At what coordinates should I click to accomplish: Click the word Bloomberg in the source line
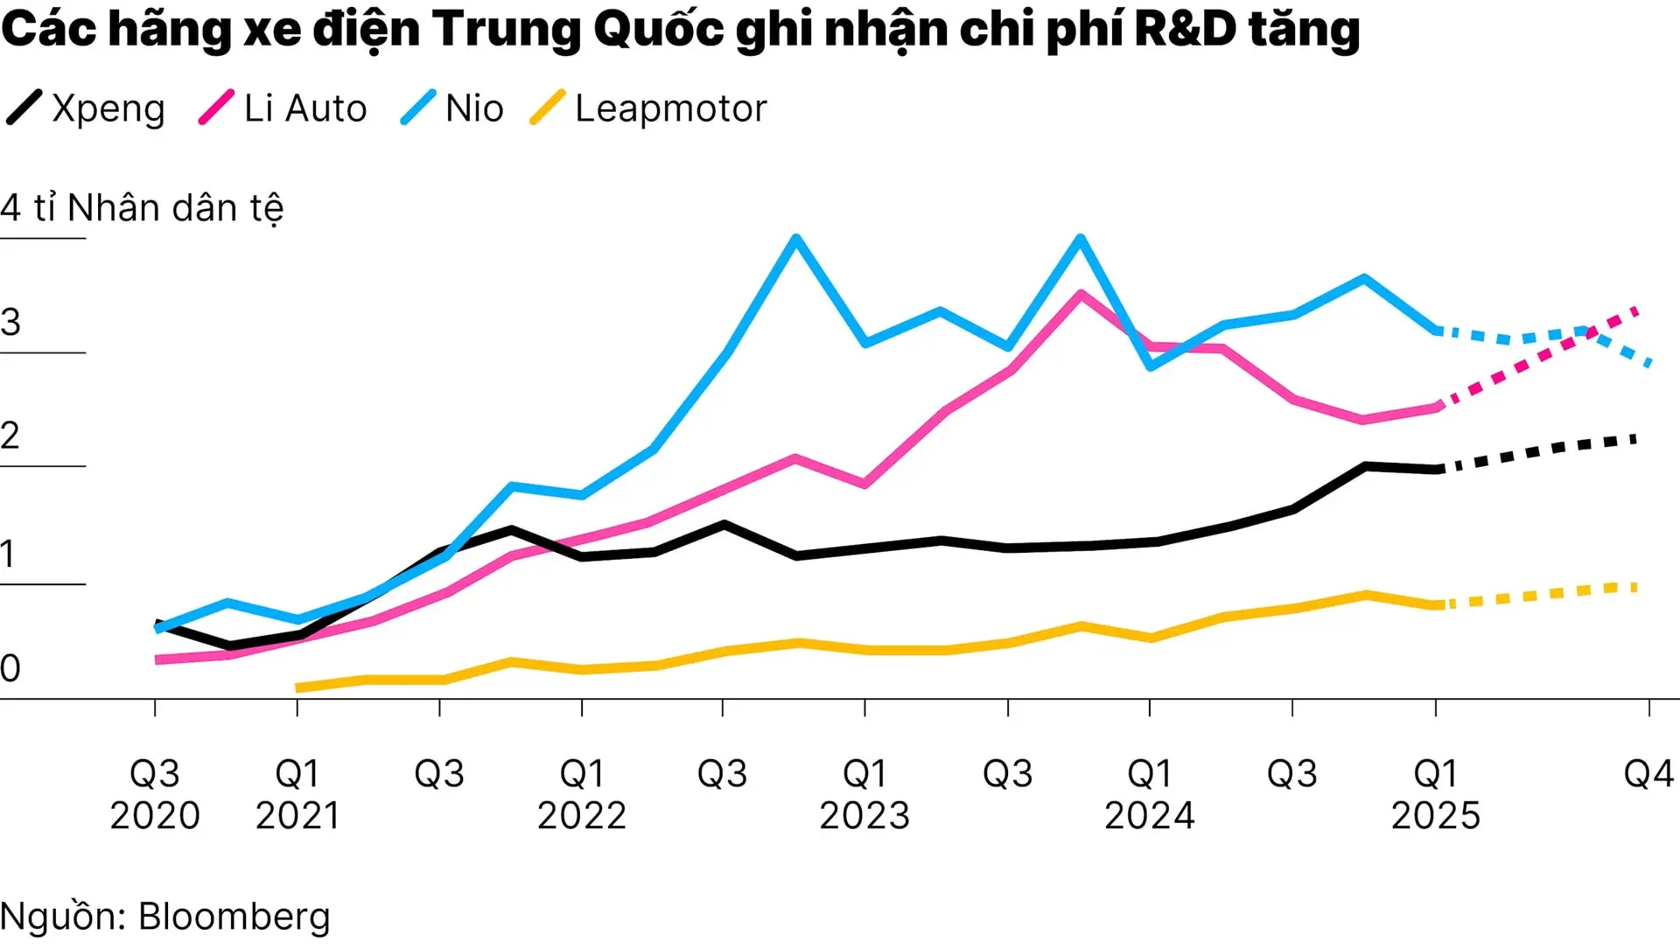point(234,917)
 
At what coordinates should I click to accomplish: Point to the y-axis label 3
point(10,323)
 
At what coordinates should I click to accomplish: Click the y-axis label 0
point(10,669)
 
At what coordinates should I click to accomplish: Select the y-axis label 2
point(10,436)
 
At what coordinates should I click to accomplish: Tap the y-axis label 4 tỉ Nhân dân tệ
point(142,209)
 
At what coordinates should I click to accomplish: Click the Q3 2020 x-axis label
point(155,794)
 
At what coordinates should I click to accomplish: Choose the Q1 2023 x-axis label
point(864,794)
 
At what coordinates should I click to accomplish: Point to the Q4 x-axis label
point(1648,774)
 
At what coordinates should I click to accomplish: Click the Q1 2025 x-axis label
point(1435,794)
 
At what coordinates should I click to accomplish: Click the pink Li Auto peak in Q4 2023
point(1081,294)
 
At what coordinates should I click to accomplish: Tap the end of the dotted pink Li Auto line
point(1636,310)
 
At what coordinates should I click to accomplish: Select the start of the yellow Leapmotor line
point(298,688)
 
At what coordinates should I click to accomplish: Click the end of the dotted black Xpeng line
point(1634,439)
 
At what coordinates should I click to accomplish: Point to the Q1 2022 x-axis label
point(582,794)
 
